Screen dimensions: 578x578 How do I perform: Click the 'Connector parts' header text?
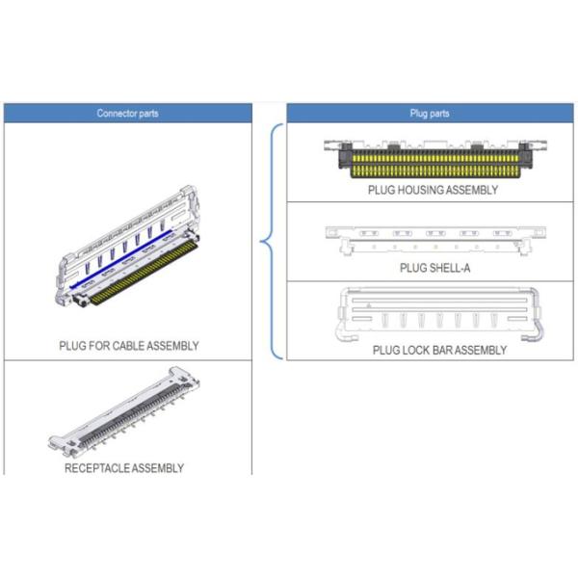128,114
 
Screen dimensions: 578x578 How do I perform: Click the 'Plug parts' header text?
430,114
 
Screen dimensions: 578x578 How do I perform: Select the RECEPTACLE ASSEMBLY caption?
124,469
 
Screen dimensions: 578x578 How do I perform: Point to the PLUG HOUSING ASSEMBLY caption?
433,191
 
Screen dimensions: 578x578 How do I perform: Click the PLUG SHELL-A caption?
435,269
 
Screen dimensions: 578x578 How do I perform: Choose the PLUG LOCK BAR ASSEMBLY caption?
439,351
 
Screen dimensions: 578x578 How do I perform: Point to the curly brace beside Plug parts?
272,241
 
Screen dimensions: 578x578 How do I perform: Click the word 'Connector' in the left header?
115,114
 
